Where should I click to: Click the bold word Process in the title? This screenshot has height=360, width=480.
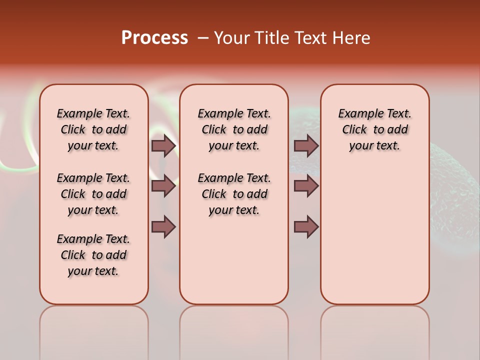pyautogui.click(x=154, y=38)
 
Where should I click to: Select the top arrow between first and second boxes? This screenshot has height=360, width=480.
pyautogui.click(x=163, y=145)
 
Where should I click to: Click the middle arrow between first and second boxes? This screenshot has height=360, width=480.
pyautogui.click(x=163, y=186)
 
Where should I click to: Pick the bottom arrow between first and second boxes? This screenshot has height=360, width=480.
pyautogui.click(x=163, y=227)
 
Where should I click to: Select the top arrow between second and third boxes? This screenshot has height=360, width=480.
pyautogui.click(x=306, y=145)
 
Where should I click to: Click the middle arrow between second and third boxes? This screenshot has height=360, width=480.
pyautogui.click(x=306, y=186)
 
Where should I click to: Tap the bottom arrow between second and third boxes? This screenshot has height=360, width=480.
pyautogui.click(x=306, y=227)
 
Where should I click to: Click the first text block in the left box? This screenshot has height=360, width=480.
pyautogui.click(x=93, y=129)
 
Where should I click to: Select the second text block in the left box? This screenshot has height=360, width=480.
pyautogui.click(x=93, y=194)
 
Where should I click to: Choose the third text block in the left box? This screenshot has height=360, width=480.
pyautogui.click(x=93, y=255)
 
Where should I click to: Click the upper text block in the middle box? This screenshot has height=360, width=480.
pyautogui.click(x=234, y=129)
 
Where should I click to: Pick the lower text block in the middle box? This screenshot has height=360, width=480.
pyautogui.click(x=234, y=194)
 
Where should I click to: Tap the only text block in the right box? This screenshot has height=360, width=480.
pyautogui.click(x=374, y=129)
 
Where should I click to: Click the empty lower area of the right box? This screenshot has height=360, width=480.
pyautogui.click(x=374, y=240)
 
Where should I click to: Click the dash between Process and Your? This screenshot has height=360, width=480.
pyautogui.click(x=203, y=38)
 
